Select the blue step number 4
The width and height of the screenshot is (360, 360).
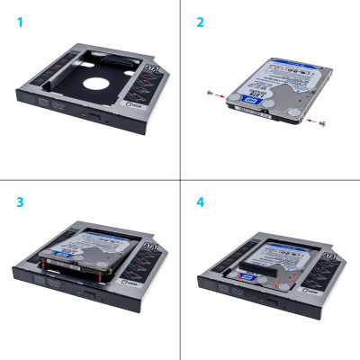click(200, 201)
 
